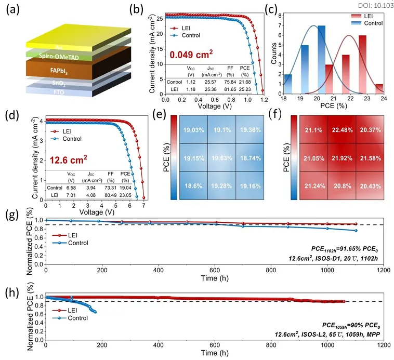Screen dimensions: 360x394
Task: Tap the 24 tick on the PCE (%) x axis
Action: click(x=385, y=98)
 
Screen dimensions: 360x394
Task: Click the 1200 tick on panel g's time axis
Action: click(x=384, y=271)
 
